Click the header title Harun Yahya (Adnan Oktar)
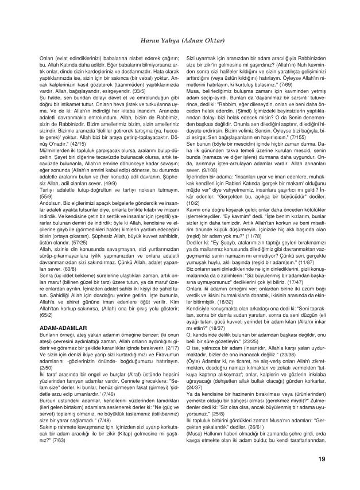(x=180, y=40)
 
